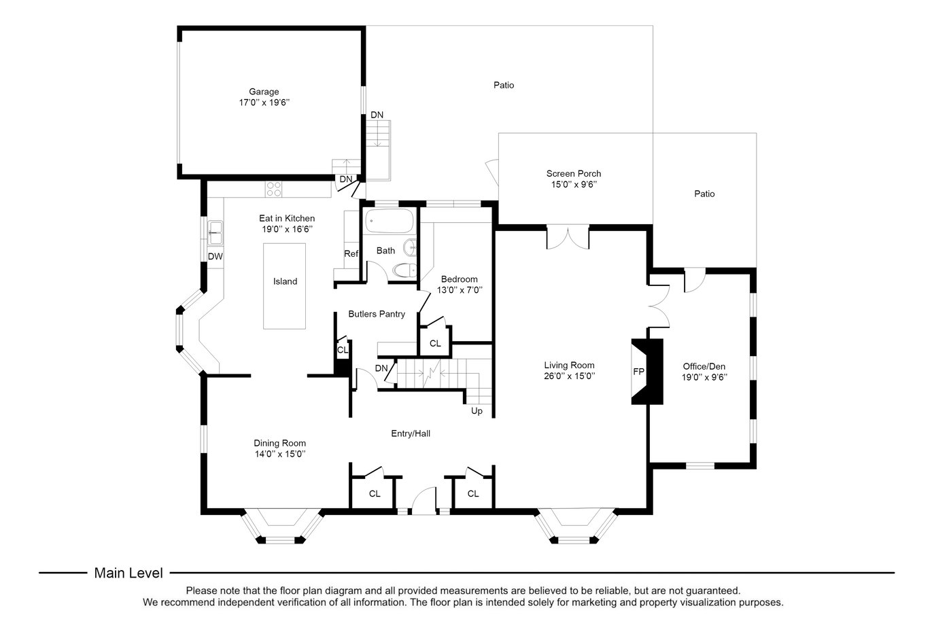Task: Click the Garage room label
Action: (264, 92)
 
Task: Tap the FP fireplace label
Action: (639, 372)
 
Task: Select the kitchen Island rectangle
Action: (285, 286)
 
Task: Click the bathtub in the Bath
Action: (390, 221)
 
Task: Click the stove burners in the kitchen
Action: (274, 190)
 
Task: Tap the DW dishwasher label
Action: (215, 257)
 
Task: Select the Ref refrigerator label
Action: (351, 253)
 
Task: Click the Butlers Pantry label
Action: (377, 314)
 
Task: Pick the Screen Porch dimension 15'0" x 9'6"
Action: (574, 184)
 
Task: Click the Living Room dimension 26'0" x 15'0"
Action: (569, 376)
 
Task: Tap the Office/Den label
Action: (704, 366)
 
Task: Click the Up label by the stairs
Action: (477, 411)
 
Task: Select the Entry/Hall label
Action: (411, 433)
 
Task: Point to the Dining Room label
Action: (279, 443)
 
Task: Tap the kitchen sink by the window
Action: (215, 233)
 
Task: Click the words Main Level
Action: (128, 573)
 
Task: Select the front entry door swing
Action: (424, 499)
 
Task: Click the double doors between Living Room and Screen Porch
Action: (568, 238)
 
